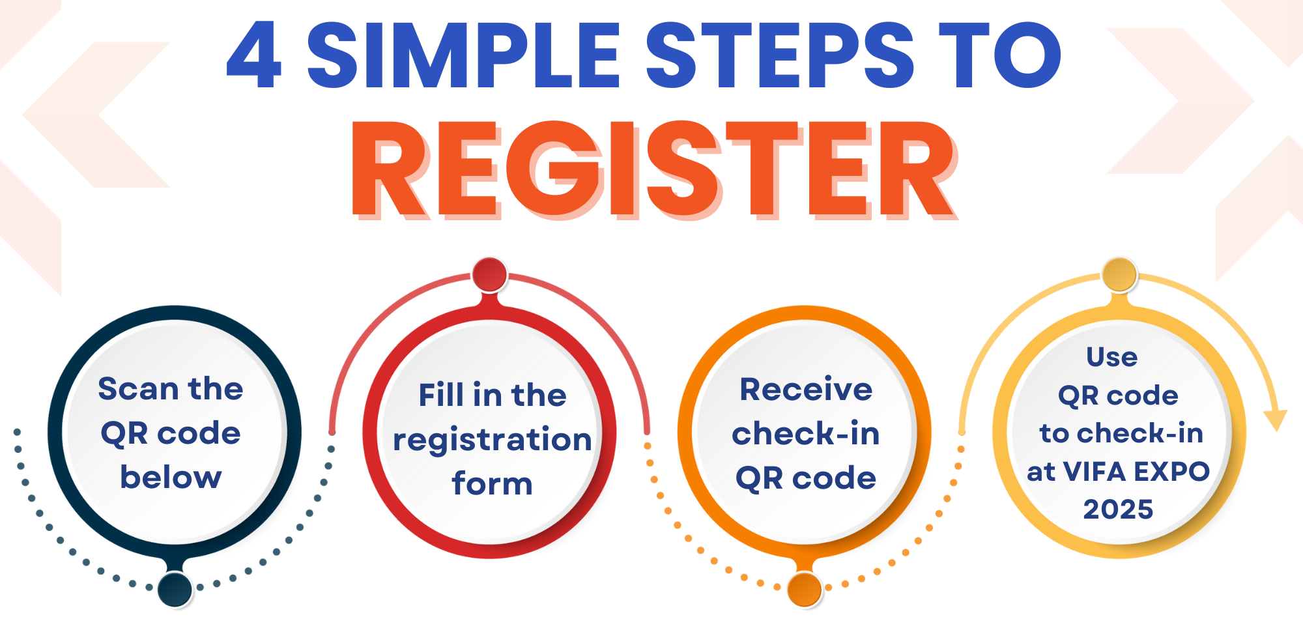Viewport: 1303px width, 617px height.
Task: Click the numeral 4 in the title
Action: [255, 55]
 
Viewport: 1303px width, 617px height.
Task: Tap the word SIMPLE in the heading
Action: [463, 55]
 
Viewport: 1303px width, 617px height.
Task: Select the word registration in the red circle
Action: [493, 440]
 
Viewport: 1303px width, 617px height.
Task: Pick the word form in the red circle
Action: [492, 483]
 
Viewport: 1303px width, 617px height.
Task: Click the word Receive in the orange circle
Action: [806, 390]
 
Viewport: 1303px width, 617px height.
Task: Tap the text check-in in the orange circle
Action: [806, 433]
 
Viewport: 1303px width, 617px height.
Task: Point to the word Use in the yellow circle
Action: [1112, 357]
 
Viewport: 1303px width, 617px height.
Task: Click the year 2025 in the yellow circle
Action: [1118, 509]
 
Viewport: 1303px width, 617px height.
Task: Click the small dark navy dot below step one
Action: [175, 589]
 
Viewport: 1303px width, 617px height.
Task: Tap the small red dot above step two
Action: [489, 275]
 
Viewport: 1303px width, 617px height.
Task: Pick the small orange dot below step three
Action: [805, 589]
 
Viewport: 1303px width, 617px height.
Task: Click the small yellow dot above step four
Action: [1119, 275]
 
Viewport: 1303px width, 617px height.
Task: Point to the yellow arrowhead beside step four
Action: [1275, 420]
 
